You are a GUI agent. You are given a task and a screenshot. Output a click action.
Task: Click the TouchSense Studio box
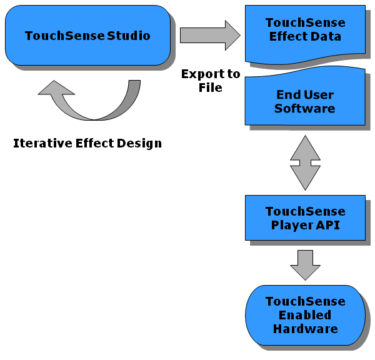[87, 35]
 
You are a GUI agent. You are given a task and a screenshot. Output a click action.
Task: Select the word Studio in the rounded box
[129, 36]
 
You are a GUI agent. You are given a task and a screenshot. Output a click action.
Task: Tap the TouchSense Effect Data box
[305, 34]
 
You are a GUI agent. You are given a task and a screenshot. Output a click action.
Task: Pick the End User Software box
[305, 97]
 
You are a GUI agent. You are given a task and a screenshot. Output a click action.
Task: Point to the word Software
[305, 108]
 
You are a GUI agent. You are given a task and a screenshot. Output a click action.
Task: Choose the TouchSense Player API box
[305, 217]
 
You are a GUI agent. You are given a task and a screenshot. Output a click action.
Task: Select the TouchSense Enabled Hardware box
[305, 315]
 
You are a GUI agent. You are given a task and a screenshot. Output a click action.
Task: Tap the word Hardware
[306, 329]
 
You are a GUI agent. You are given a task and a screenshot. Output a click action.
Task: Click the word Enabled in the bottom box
[305, 315]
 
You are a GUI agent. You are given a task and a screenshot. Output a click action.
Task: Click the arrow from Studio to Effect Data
[210, 35]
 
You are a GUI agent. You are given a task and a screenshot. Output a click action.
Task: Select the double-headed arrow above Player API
[305, 163]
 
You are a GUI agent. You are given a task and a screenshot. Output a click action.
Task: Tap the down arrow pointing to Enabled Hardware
[305, 265]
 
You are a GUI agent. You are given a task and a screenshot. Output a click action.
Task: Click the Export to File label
[211, 81]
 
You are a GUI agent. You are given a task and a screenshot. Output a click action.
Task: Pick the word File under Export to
[211, 87]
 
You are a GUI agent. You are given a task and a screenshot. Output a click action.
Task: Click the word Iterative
[42, 143]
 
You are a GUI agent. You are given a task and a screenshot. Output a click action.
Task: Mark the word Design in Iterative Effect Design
[139, 143]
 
